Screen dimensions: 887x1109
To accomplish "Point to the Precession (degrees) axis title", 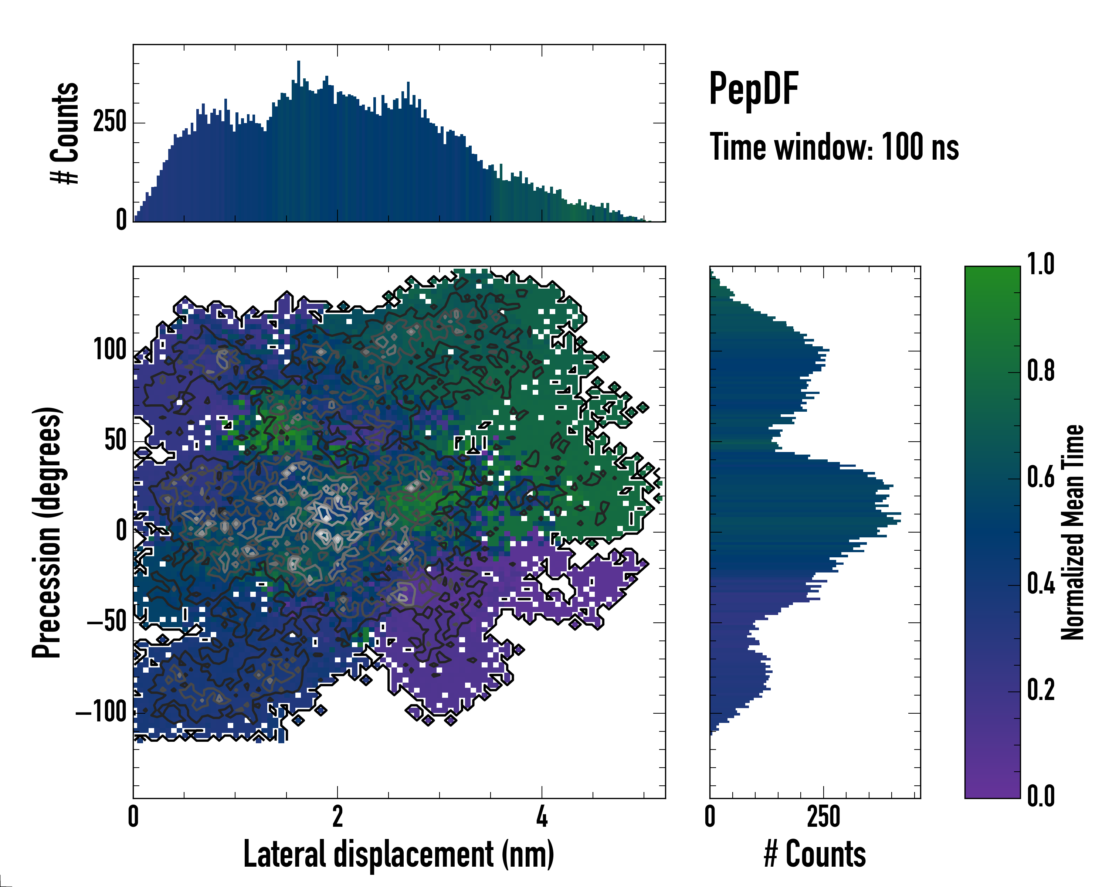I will click(x=47, y=532).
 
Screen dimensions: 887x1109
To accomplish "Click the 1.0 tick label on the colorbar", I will click(x=1041, y=265).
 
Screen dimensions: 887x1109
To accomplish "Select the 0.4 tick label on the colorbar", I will click(x=1041, y=584).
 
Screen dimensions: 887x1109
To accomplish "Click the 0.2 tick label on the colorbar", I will click(x=1041, y=691).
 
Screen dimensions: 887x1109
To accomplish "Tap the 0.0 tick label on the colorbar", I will click(x=1041, y=796).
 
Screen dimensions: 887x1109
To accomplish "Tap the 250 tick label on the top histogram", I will click(x=109, y=122).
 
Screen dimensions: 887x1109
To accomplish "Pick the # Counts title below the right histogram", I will click(x=815, y=854).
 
